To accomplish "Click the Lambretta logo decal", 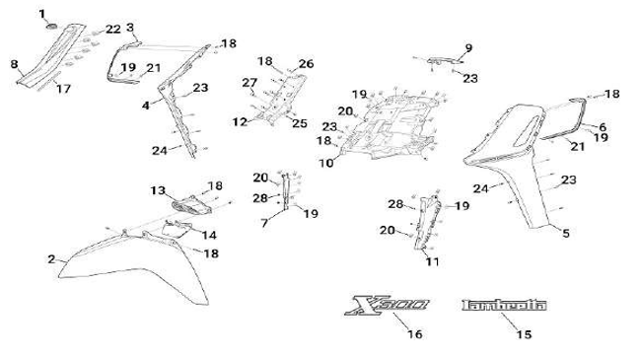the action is click(504, 306).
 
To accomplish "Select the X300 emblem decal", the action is click(387, 306).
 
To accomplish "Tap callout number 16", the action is click(415, 334).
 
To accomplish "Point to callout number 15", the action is click(524, 334).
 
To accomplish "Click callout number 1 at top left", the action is click(42, 14).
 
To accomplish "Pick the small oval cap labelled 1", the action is click(52, 27).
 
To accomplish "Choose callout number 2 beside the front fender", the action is click(51, 259).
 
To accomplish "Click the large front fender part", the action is click(135, 269).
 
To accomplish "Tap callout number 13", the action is click(158, 190).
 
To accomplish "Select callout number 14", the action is click(209, 235).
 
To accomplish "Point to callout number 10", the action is click(326, 164).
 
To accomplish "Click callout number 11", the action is click(432, 261).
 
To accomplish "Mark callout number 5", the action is click(566, 234).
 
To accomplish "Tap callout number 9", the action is click(468, 48).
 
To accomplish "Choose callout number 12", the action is click(240, 121).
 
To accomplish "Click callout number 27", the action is click(249, 83).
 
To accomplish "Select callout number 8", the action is click(14, 64).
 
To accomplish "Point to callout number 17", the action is click(63, 89).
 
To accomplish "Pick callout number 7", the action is click(264, 223).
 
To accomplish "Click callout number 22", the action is click(113, 29).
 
